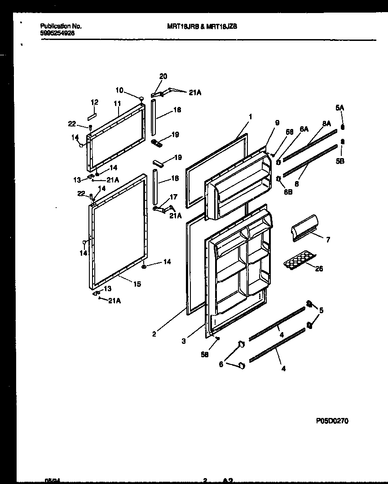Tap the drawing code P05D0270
point(332,421)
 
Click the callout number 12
point(94,102)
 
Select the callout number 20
point(163,76)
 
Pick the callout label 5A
point(339,108)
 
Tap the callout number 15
point(137,284)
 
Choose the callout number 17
point(174,196)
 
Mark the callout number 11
point(117,103)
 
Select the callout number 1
point(250,116)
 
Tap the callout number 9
point(277,122)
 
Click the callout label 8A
point(326,123)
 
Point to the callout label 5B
point(340,161)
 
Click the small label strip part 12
point(92,111)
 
